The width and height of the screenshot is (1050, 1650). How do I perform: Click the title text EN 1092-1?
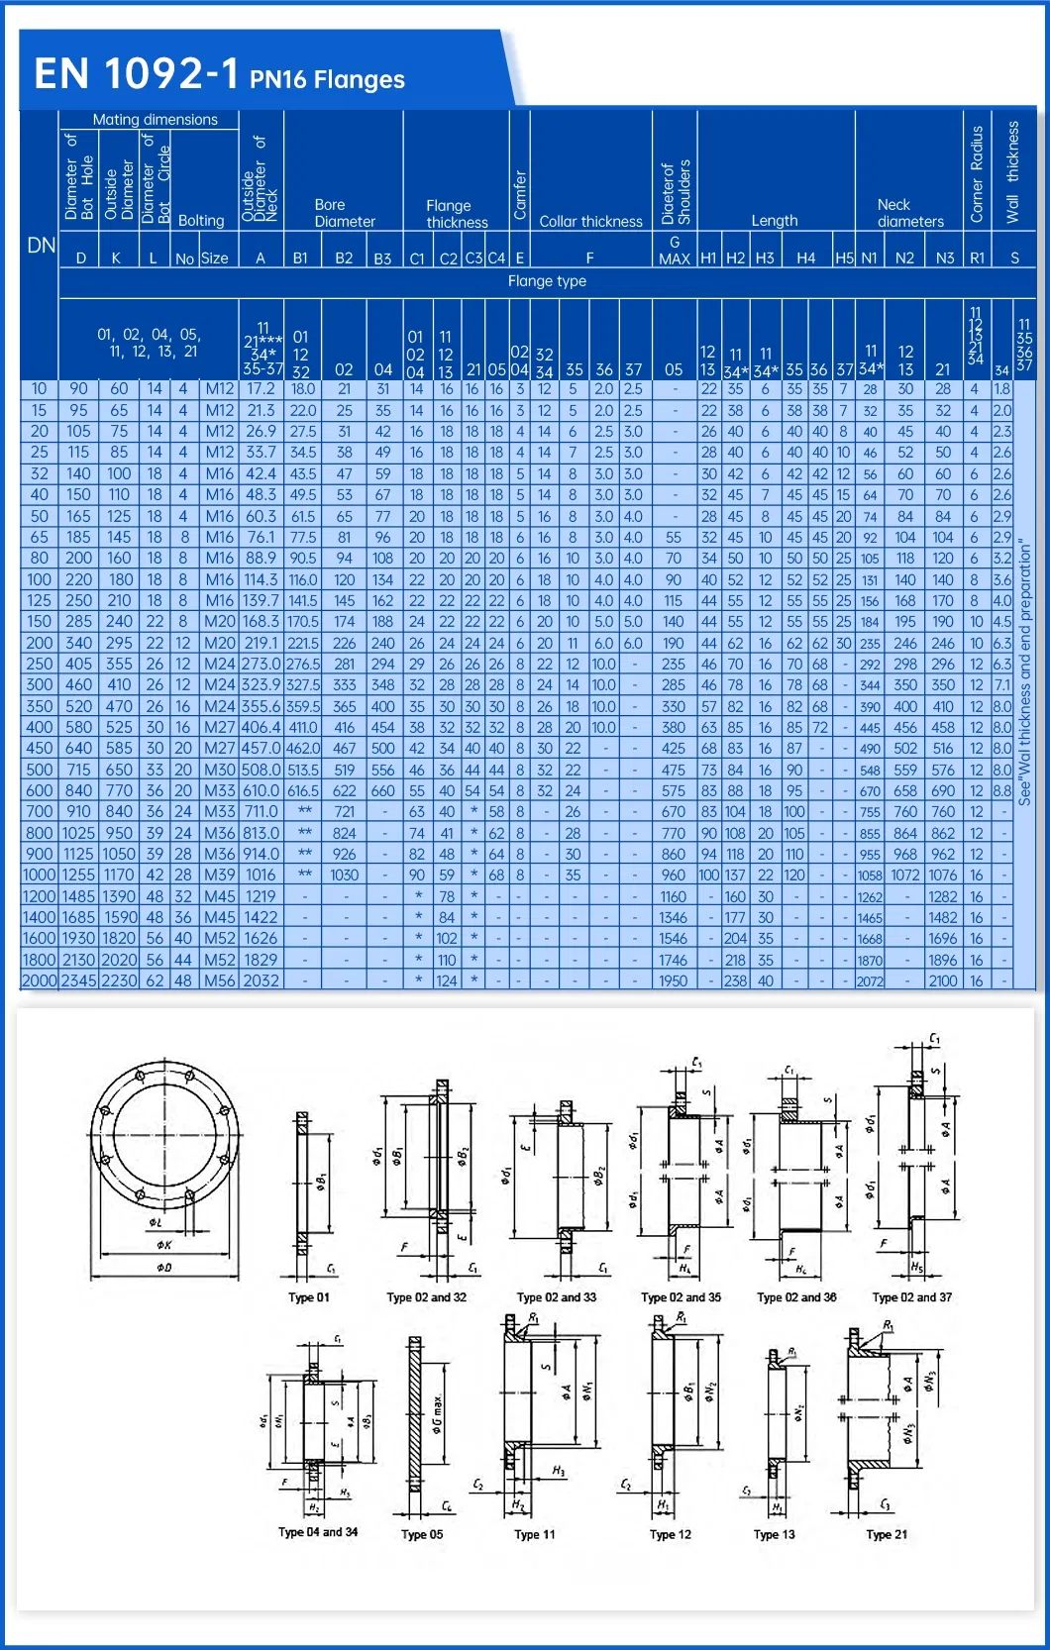pyautogui.click(x=137, y=74)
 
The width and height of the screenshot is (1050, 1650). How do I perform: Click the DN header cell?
pyautogui.click(x=41, y=246)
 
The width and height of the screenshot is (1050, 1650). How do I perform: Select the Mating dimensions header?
pyautogui.click(x=155, y=120)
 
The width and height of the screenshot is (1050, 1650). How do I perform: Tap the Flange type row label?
pyautogui.click(x=547, y=281)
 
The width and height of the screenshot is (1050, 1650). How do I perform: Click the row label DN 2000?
pyautogui.click(x=40, y=980)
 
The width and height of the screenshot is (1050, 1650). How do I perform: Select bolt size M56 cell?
pyautogui.click(x=219, y=980)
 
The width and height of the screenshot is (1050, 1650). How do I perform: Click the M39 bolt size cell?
pyautogui.click(x=219, y=876)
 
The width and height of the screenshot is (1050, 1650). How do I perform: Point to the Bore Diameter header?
pyautogui.click(x=344, y=213)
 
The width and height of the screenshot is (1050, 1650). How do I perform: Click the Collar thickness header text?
pyautogui.click(x=590, y=222)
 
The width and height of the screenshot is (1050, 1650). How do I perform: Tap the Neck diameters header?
pyautogui.click(x=909, y=213)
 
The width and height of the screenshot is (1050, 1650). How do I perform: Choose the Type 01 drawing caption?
pyautogui.click(x=309, y=1297)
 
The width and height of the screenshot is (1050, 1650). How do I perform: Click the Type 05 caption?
pyautogui.click(x=422, y=1535)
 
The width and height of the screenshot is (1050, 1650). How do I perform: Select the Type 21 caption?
pyautogui.click(x=887, y=1535)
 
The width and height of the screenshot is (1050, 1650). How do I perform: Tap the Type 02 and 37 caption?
pyautogui.click(x=911, y=1297)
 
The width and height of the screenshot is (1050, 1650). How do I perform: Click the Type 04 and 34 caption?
pyautogui.click(x=318, y=1532)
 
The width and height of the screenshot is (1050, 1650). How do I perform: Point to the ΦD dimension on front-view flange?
pyautogui.click(x=163, y=1268)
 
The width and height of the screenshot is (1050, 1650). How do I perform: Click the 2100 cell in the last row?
pyautogui.click(x=942, y=980)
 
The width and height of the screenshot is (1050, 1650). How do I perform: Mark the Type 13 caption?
pyautogui.click(x=774, y=1535)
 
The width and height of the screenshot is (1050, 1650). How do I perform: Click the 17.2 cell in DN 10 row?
pyautogui.click(x=261, y=389)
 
